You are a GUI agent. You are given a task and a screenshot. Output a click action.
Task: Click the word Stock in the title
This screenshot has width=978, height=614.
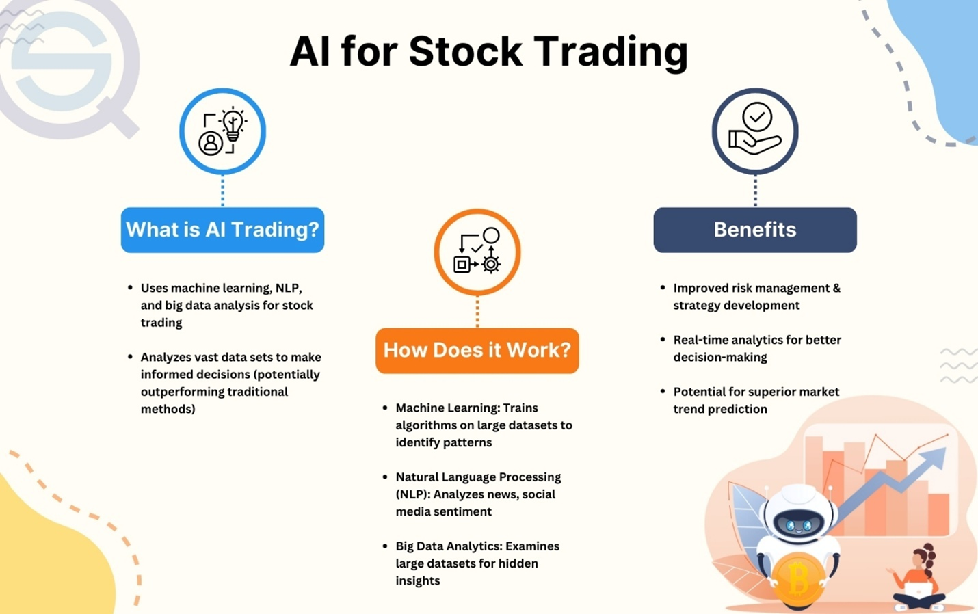(x=465, y=51)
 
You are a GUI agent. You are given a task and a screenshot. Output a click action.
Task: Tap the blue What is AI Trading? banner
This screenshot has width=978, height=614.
(x=223, y=230)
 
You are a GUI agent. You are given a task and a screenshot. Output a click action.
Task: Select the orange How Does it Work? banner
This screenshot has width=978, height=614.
(x=477, y=351)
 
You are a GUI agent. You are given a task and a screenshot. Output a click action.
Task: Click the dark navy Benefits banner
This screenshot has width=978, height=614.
(x=755, y=230)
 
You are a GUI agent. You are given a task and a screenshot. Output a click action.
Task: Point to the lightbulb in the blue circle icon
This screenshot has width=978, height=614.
(x=233, y=124)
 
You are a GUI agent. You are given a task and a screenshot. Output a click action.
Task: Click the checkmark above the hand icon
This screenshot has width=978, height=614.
(x=757, y=117)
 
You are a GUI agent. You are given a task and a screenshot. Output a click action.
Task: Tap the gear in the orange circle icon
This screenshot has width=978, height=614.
(x=491, y=264)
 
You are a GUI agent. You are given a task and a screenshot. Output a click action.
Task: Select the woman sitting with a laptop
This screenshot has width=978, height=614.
(x=917, y=577)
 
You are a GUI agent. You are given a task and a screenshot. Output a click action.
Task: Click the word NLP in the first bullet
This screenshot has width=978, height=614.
(x=289, y=288)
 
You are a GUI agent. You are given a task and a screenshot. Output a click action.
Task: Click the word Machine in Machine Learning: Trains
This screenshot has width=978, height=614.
(x=419, y=408)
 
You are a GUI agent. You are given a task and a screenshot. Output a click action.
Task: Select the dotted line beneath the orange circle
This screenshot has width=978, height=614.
(x=477, y=311)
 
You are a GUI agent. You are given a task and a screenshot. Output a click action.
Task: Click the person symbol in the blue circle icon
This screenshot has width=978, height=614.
(x=211, y=143)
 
